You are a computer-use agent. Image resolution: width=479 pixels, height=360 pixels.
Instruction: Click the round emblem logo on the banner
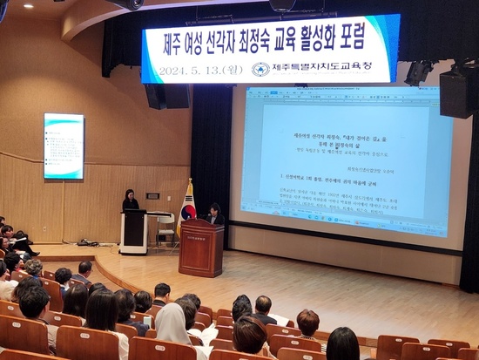tap(260, 68)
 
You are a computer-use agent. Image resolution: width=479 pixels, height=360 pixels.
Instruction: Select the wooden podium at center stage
tap(201, 248)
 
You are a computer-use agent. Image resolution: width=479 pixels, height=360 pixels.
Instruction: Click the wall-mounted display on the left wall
tap(64, 146)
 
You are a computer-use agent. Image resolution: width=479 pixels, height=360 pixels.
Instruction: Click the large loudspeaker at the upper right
tap(458, 91)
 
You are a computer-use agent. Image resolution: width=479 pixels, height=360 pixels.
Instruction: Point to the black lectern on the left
tap(133, 232)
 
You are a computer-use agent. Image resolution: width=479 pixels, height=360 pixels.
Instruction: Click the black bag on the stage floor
tap(87, 241)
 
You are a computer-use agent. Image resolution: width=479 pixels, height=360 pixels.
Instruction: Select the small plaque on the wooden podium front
tap(199, 235)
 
